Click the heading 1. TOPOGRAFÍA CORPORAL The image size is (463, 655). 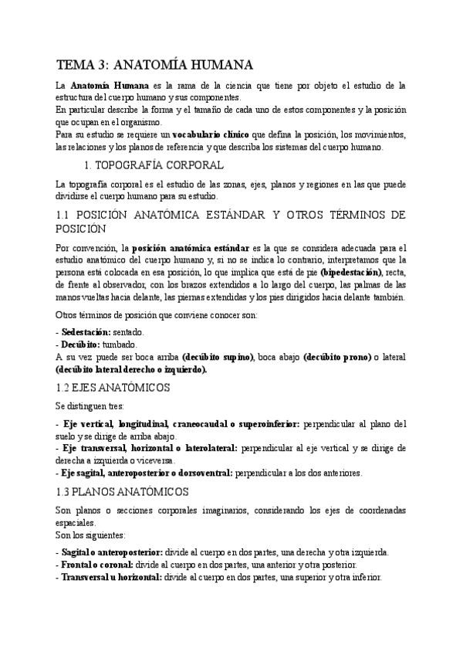click(154, 165)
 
